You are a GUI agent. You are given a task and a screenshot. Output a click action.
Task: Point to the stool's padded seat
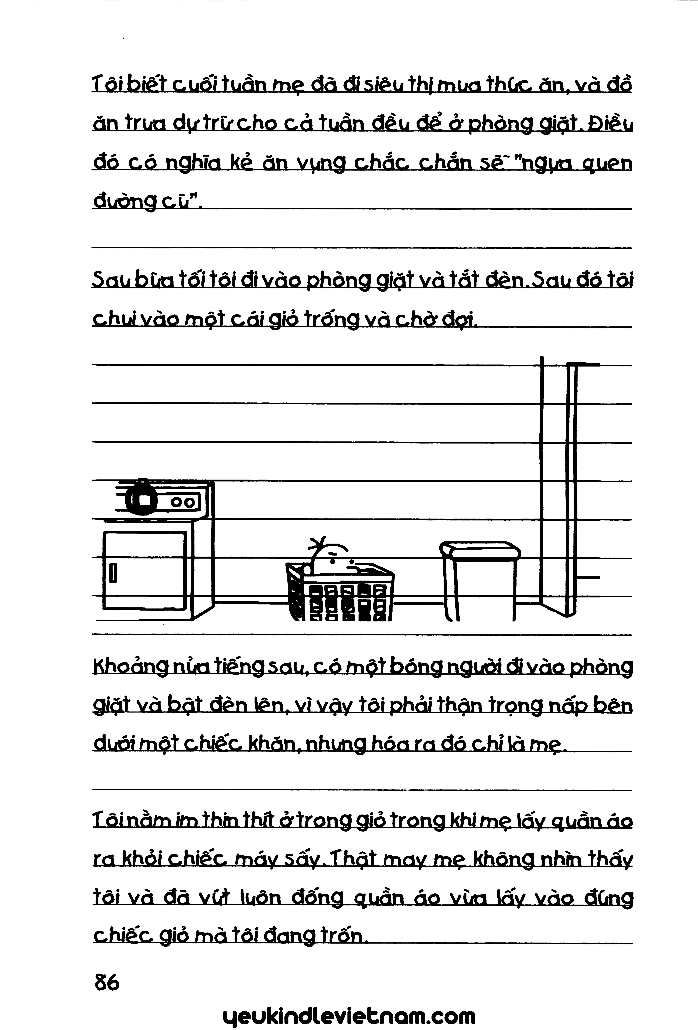pos(481,549)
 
